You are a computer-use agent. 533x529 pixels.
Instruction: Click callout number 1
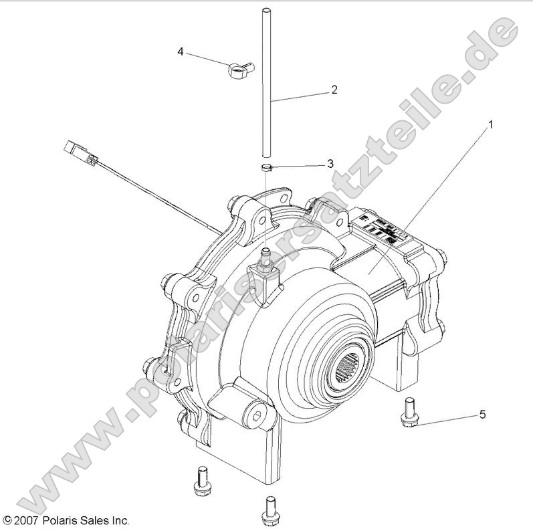(492, 124)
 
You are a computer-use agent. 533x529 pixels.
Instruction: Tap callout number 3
(330, 164)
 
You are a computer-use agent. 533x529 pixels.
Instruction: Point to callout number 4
(181, 51)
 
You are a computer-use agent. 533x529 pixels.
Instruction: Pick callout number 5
(482, 415)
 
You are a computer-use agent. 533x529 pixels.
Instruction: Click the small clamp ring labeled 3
(267, 168)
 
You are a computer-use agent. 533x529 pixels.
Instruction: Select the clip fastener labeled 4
(239, 66)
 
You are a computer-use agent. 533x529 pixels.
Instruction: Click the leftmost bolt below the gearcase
(199, 482)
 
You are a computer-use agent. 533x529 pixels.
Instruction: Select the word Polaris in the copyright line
(59, 520)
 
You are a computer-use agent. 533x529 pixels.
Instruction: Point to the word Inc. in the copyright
(119, 520)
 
